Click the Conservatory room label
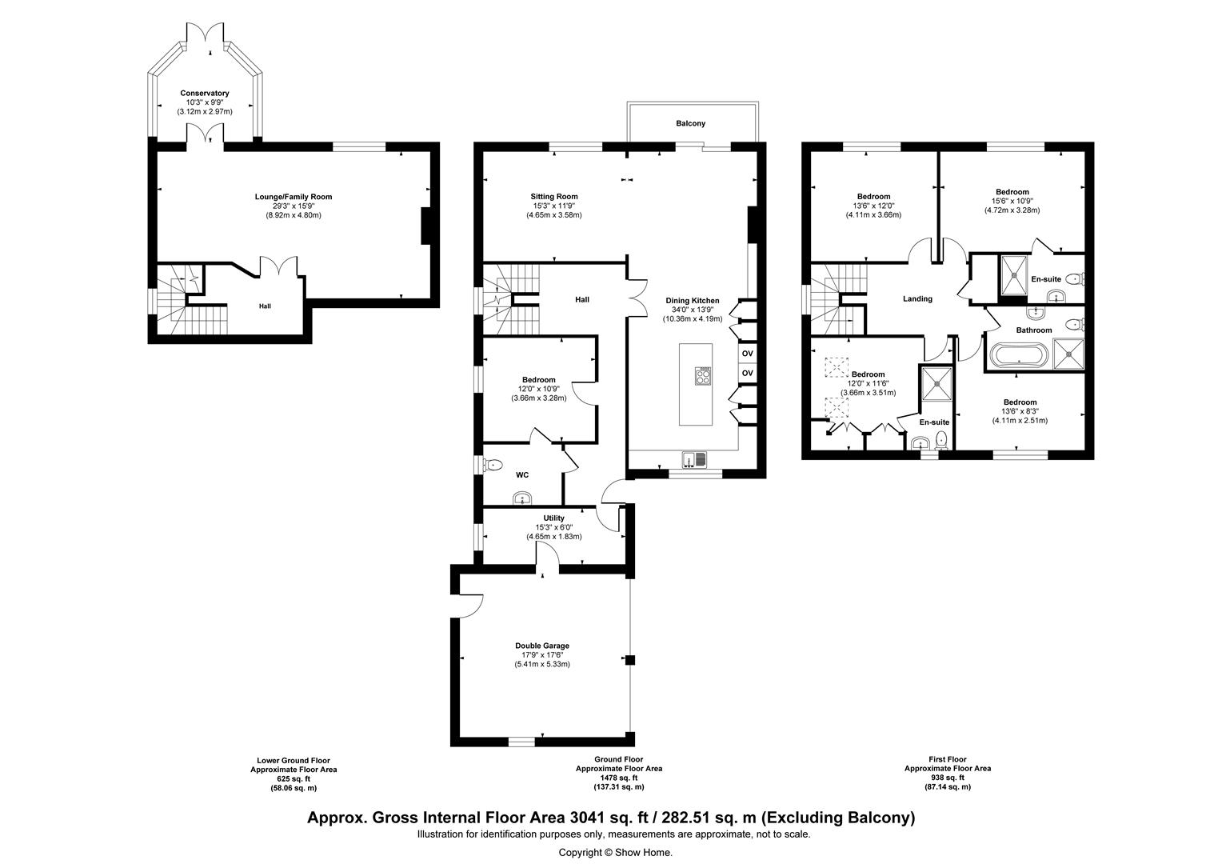click(x=205, y=94)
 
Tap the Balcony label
click(x=691, y=123)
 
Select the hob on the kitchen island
click(x=703, y=376)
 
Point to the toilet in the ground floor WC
click(x=493, y=466)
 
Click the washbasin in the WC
click(x=522, y=498)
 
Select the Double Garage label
click(x=542, y=646)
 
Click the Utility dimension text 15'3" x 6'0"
click(x=553, y=527)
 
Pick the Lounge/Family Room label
click(x=294, y=197)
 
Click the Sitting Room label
click(x=554, y=197)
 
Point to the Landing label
click(x=917, y=298)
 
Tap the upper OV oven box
click(x=748, y=353)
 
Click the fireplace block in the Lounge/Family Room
click(x=425, y=226)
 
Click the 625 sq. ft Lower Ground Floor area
click(x=294, y=779)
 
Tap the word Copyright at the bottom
click(x=580, y=853)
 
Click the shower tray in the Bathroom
click(x=1068, y=354)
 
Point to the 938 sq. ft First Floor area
click(x=948, y=778)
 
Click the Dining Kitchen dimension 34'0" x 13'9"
click(x=693, y=310)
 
